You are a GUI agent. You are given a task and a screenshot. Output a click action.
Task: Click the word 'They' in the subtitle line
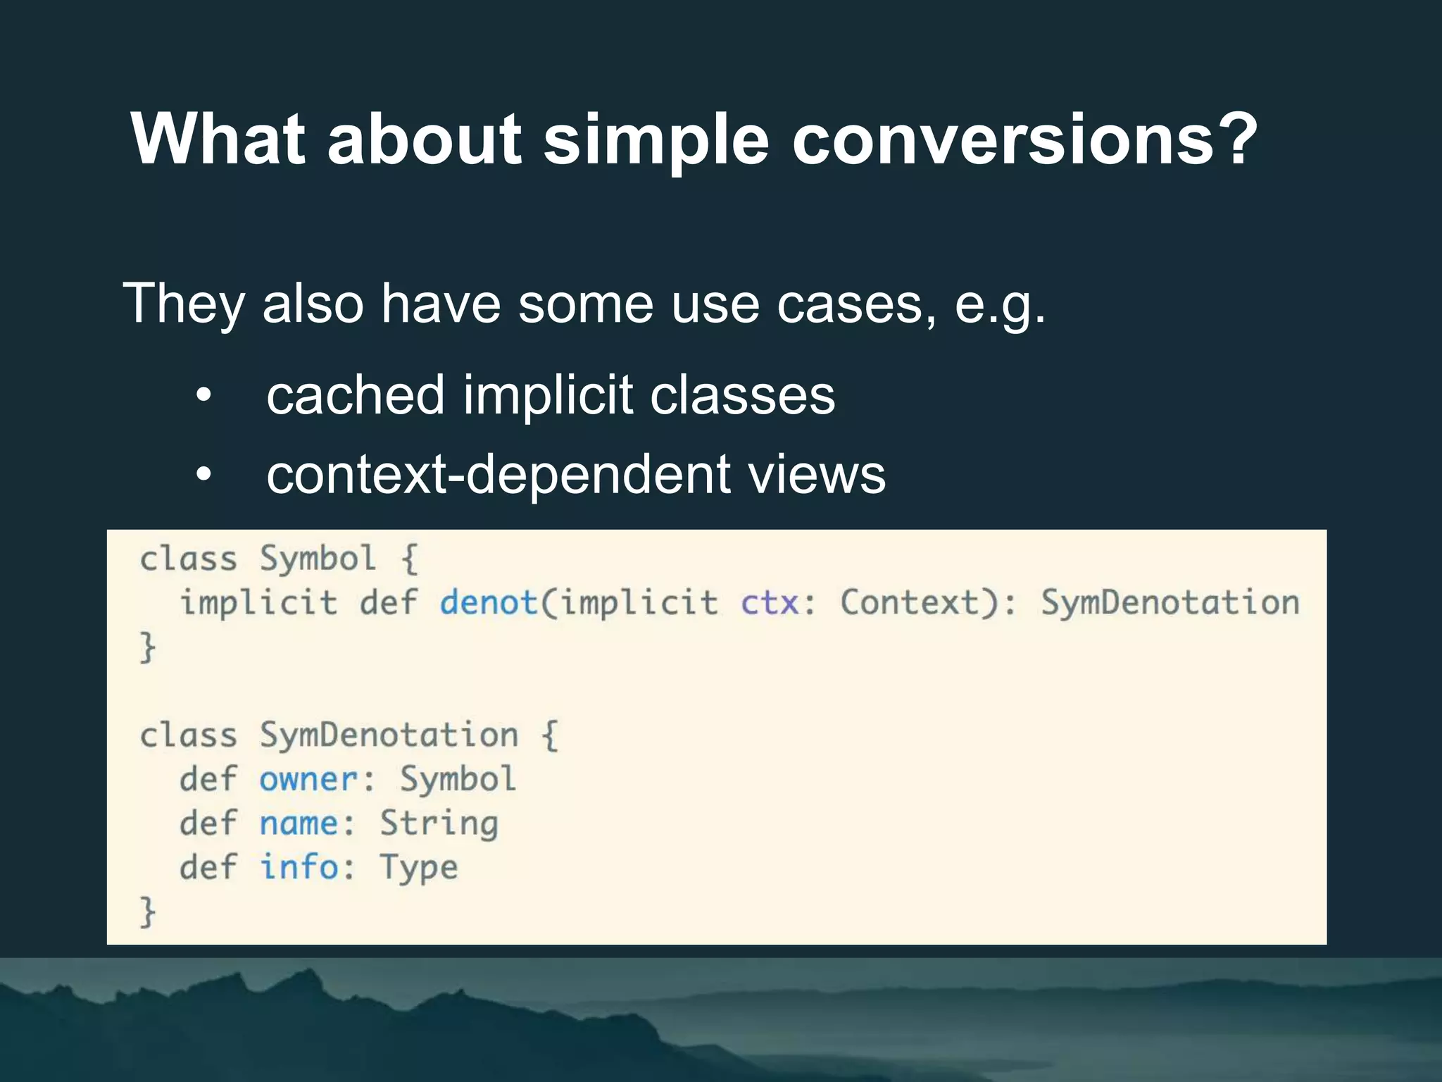point(184,304)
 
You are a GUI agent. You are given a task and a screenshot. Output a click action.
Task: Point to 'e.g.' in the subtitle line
point(1000,305)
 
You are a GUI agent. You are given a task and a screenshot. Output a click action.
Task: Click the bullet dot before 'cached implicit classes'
point(203,395)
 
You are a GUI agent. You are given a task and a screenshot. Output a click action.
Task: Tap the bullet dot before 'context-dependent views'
point(203,475)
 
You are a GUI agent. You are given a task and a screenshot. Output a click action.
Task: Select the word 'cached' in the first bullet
point(356,395)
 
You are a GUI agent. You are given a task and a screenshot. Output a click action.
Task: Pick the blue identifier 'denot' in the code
point(489,603)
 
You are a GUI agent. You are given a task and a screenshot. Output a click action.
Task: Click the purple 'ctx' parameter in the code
point(770,603)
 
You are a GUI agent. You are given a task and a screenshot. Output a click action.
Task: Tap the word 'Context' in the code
point(910,603)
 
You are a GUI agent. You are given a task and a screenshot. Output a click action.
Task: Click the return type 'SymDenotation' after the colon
point(1170,603)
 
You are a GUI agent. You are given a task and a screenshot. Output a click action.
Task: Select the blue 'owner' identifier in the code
point(308,780)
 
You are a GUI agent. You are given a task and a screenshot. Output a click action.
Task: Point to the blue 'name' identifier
point(299,823)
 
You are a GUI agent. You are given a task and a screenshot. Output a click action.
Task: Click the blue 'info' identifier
point(299,867)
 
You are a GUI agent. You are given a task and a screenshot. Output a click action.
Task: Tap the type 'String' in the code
point(439,823)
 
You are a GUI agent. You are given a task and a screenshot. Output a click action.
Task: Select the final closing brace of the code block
point(147,912)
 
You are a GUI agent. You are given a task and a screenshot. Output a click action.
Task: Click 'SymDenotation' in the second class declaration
point(389,735)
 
